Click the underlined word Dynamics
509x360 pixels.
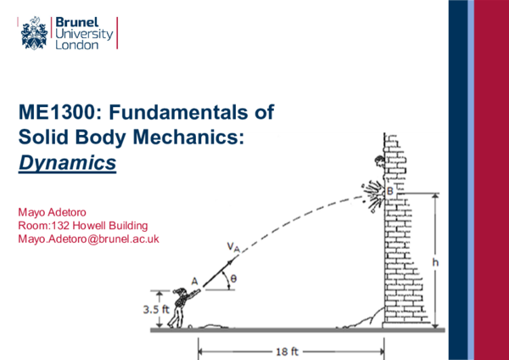[67, 162]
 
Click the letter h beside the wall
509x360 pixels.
[435, 262]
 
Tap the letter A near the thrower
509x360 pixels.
[194, 280]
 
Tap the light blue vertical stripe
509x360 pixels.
[473, 180]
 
